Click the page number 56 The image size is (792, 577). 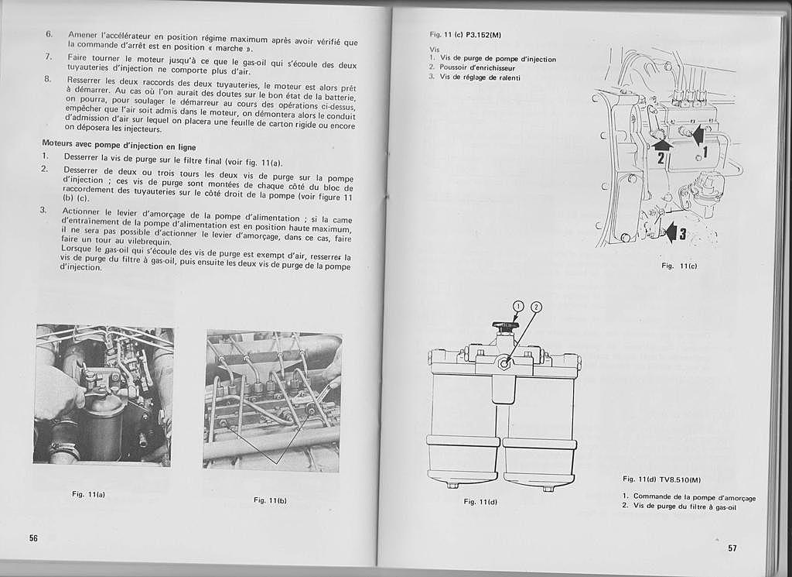click(34, 538)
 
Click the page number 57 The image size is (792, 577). click(732, 548)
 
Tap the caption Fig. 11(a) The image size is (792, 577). click(88, 494)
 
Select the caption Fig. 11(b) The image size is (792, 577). click(270, 500)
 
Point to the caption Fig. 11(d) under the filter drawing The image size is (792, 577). click(480, 502)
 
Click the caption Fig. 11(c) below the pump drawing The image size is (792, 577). click(679, 266)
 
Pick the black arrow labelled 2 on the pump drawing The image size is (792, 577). click(661, 143)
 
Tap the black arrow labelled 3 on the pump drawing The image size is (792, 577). click(670, 230)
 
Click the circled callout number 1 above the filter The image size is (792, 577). click(518, 306)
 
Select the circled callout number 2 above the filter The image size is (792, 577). click(535, 306)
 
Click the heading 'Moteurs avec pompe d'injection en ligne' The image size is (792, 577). click(118, 146)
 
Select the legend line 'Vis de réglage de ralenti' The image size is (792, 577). click(480, 77)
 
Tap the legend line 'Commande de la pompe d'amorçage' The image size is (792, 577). click(693, 497)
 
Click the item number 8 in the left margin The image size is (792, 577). click(47, 79)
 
